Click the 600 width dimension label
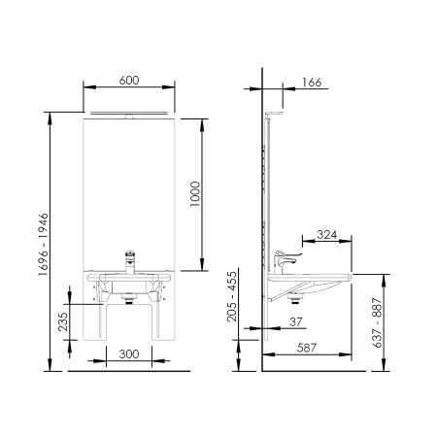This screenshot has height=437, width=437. coord(129,80)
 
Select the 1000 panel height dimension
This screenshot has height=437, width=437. coord(195,194)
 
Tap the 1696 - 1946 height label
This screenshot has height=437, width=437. coord(43,245)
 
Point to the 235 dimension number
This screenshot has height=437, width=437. coord(63,321)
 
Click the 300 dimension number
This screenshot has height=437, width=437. coord(129,353)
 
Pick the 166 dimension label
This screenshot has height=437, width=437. coord(312,83)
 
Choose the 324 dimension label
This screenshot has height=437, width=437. coord(326,234)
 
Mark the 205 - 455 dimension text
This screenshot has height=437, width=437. coord(232,296)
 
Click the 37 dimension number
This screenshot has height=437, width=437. coord(295,321)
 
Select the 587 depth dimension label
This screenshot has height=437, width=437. coord(306,348)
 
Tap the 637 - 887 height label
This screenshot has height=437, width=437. coord(377,322)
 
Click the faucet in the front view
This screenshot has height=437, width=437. coord(130,262)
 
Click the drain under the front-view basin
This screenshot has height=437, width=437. coord(129,298)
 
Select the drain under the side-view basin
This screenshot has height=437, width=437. coord(294,298)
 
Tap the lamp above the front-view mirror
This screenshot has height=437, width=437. coord(129,115)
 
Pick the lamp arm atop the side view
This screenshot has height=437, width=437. coord(274,114)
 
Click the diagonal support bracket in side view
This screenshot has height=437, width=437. coord(287,291)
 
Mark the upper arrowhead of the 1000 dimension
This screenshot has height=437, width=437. coord(202,125)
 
